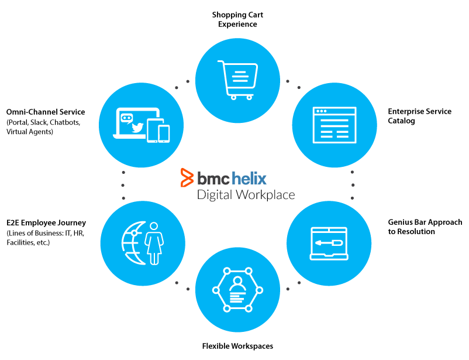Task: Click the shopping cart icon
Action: [238, 80]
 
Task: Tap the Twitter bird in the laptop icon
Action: [137, 127]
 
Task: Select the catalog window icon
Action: [334, 125]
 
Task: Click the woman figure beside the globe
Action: [154, 243]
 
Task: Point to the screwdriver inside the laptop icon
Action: [329, 242]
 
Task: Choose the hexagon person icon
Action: [238, 290]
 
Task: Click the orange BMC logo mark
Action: [187, 177]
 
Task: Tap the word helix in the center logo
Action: [249, 178]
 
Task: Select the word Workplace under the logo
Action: [265, 195]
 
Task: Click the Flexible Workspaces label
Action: [237, 346]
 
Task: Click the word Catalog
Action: [401, 121]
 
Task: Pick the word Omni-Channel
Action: [32, 112]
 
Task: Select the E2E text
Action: [13, 223]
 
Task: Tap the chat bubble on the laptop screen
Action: [126, 119]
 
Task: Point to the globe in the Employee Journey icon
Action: [134, 243]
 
